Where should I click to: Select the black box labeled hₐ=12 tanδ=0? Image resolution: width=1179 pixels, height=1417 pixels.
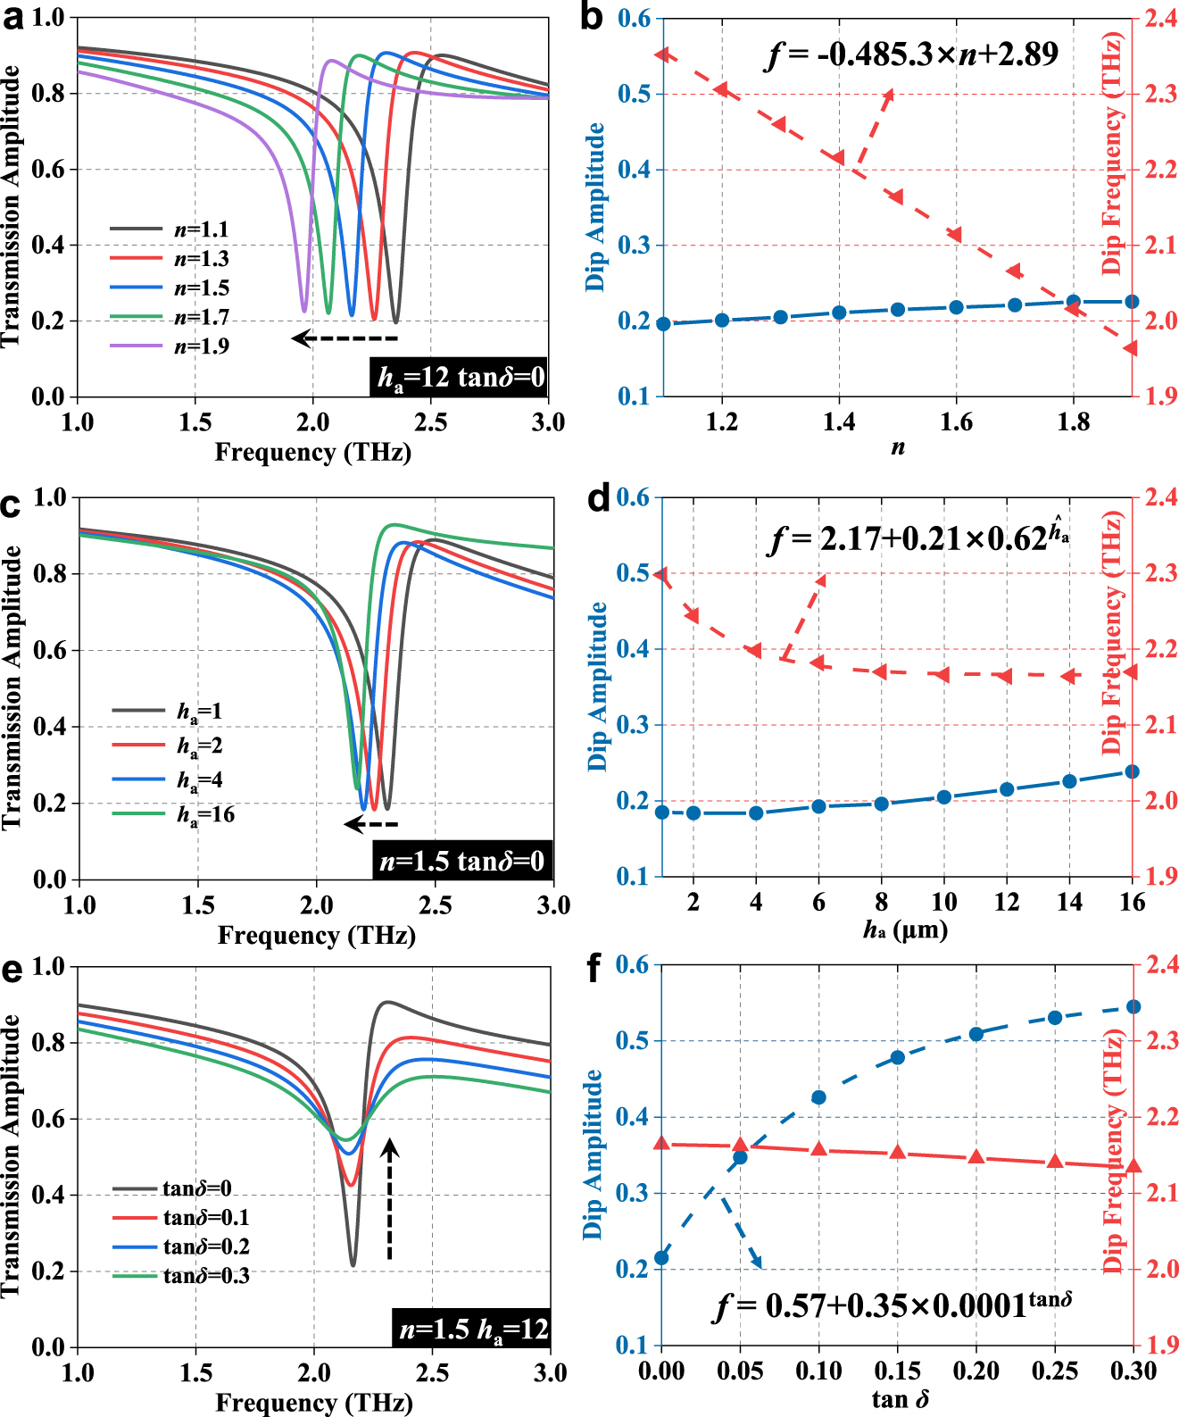[459, 378]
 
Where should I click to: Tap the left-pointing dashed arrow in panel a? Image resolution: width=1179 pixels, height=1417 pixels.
[345, 338]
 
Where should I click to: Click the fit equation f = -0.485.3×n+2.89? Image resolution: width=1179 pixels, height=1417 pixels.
[912, 54]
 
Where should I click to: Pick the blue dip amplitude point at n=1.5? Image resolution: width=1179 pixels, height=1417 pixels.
[898, 310]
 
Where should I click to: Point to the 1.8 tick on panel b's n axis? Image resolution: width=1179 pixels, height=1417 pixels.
[1074, 421]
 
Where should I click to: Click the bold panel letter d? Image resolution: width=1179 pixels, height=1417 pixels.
[599, 498]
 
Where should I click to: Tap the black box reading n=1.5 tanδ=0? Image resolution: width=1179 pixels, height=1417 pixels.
[462, 862]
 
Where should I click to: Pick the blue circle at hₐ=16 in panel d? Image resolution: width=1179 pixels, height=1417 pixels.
[1132, 771]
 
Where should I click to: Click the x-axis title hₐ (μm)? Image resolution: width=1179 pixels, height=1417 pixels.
[904, 930]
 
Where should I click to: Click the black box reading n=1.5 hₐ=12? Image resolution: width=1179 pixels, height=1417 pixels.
[472, 1329]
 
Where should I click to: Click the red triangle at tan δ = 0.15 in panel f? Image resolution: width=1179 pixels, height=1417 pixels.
[898, 1152]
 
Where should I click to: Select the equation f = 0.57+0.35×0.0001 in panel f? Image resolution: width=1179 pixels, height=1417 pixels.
[893, 1305]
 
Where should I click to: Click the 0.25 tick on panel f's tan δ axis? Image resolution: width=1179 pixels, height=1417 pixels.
[1055, 1371]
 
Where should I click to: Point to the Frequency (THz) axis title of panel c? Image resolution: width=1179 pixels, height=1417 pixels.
[316, 936]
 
